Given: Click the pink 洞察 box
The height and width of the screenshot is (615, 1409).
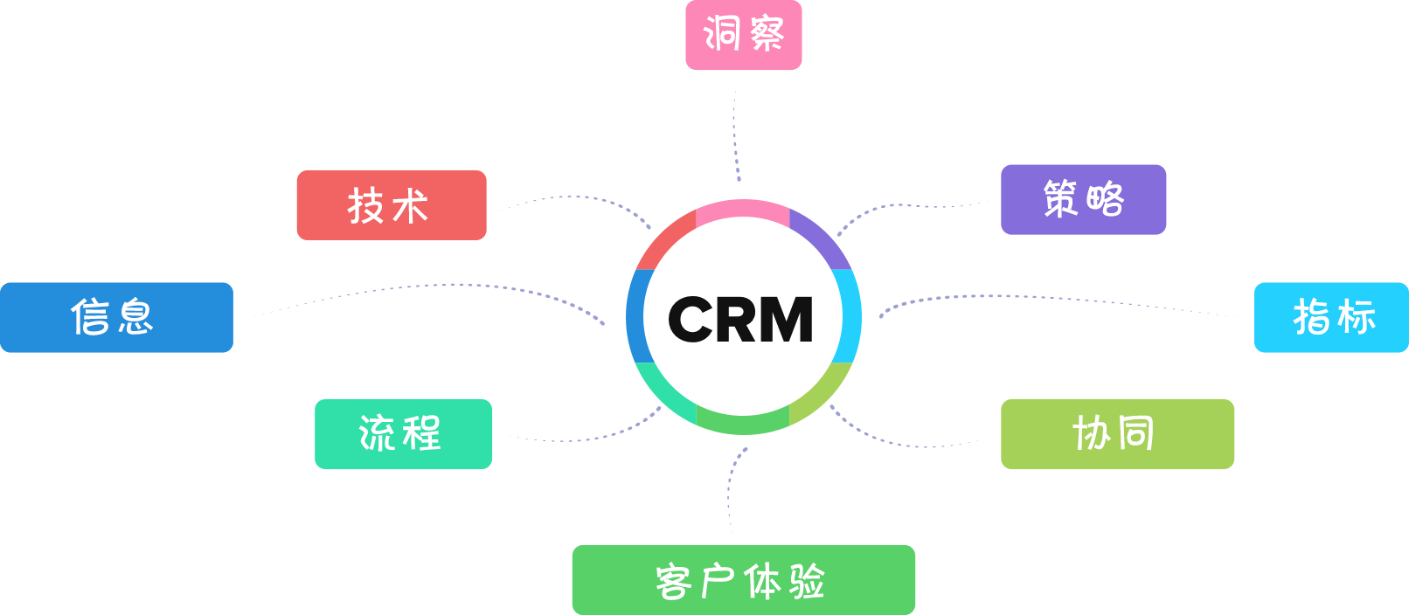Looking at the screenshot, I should click(x=743, y=35).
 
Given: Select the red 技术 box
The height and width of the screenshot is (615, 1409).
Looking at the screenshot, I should click(x=391, y=205).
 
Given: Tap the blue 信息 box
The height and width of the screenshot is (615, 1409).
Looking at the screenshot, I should click(x=116, y=317).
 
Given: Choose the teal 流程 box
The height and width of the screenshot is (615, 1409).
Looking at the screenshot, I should click(x=403, y=434).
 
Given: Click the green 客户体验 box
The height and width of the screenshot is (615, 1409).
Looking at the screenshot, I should click(x=743, y=580).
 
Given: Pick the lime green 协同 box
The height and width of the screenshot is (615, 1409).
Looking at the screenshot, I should click(x=1117, y=434).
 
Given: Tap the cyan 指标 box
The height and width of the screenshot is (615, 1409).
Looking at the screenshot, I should click(x=1331, y=317).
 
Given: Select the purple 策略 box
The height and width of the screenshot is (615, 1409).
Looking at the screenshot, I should click(x=1083, y=199).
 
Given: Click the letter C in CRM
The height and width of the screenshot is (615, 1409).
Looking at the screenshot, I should click(x=691, y=319).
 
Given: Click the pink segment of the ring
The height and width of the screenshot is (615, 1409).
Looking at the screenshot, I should click(x=743, y=208).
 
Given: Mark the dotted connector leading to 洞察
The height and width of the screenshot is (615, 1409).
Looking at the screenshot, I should click(x=735, y=131).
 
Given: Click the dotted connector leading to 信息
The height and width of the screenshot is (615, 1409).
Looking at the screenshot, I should click(x=437, y=285).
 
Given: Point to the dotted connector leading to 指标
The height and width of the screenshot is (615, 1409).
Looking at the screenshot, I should click(x=1049, y=298).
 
